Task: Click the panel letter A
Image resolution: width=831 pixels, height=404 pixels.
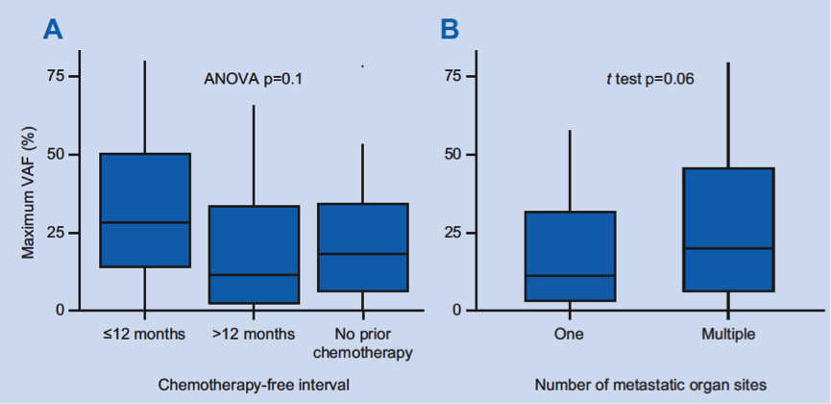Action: click(53, 29)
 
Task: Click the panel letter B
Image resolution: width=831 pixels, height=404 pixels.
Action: click(449, 29)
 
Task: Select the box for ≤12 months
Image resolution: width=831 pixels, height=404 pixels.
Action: click(145, 210)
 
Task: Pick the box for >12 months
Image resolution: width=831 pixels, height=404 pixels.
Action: click(255, 255)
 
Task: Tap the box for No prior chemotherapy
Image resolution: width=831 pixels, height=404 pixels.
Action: click(363, 247)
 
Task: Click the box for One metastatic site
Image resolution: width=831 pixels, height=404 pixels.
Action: click(570, 256)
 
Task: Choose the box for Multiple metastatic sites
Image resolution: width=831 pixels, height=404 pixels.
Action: click(728, 229)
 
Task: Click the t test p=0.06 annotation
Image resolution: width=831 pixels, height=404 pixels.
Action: click(649, 78)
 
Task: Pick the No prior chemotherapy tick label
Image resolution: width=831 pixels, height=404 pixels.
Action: click(364, 342)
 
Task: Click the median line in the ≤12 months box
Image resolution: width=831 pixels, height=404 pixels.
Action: click(145, 222)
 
